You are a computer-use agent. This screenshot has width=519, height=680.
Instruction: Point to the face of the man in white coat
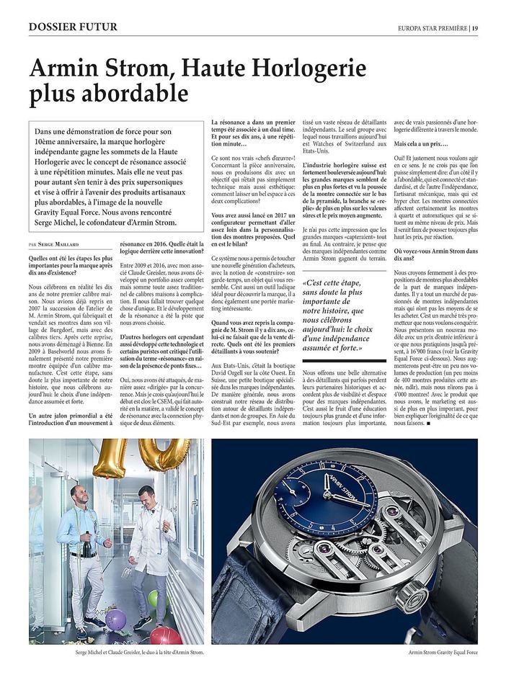148,498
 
